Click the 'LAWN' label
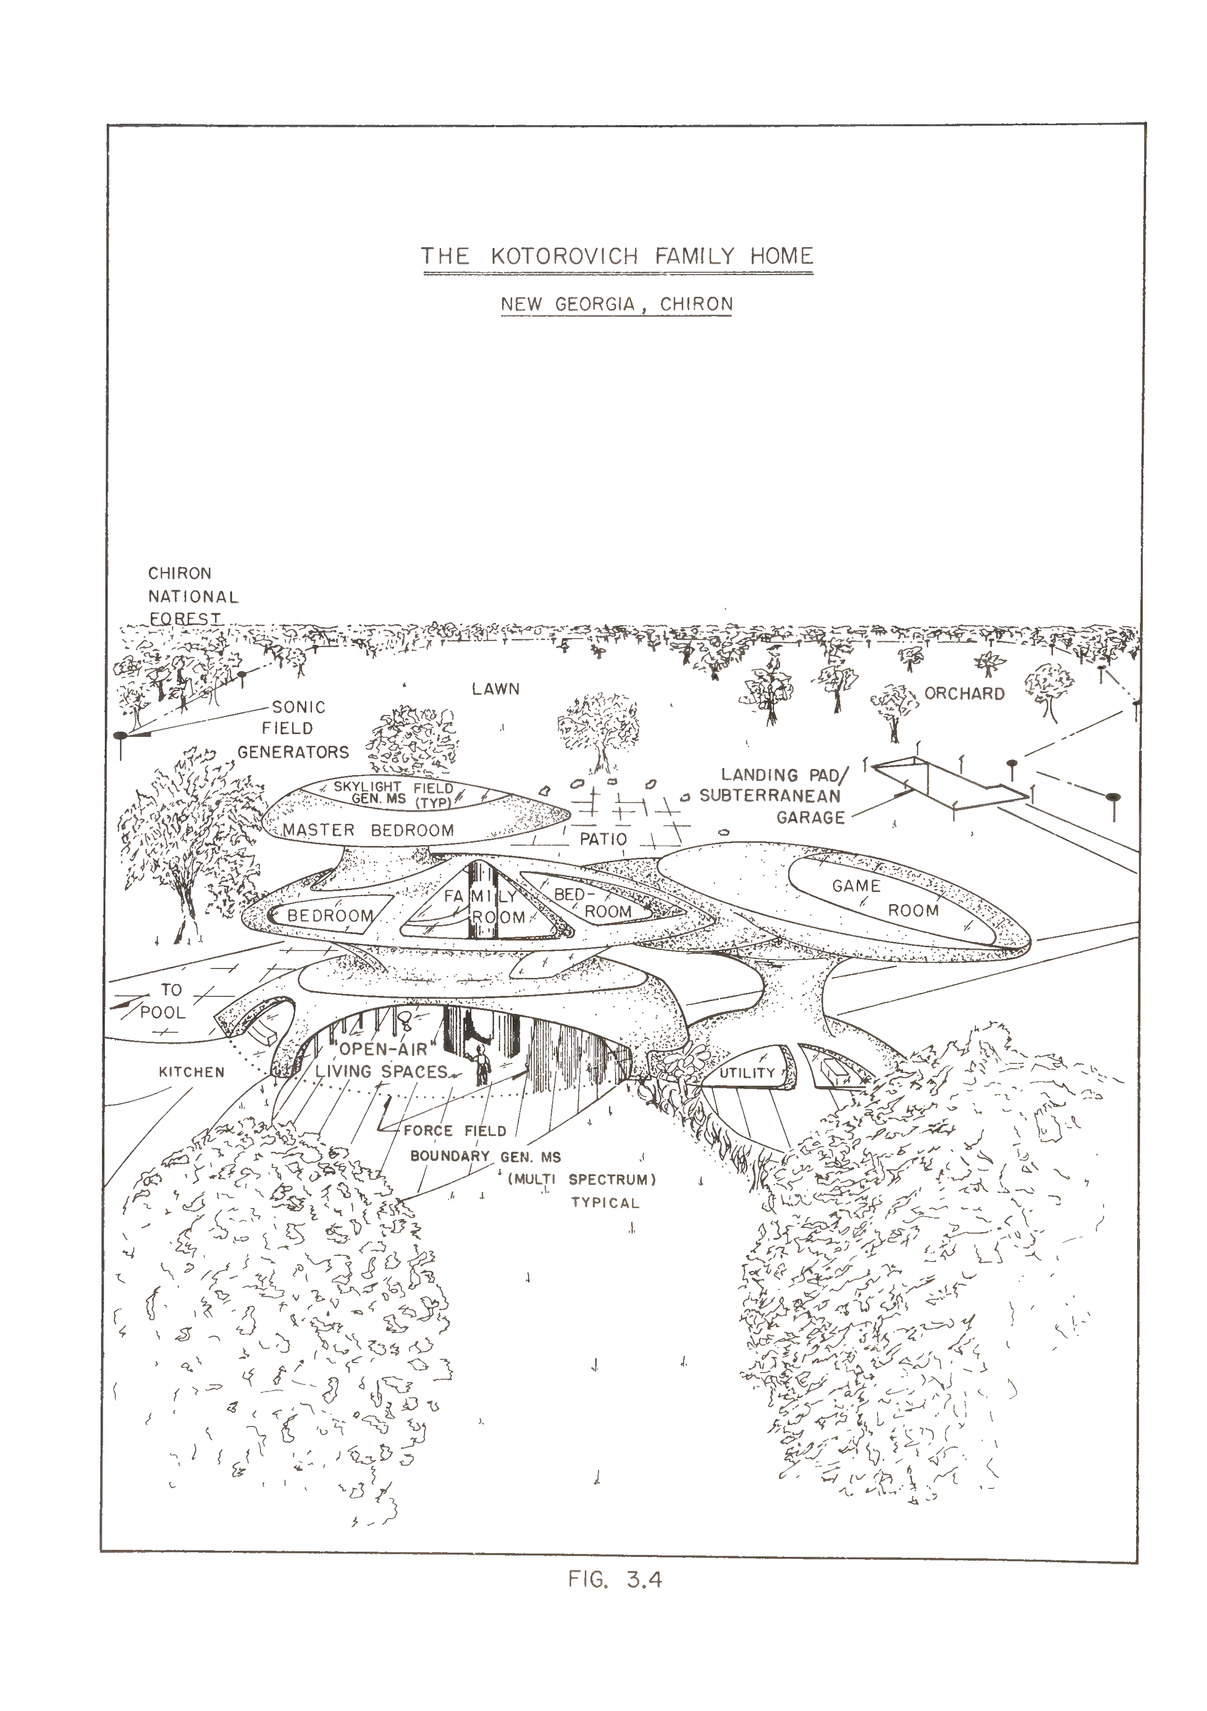click(496, 689)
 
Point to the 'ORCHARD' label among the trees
click(965, 694)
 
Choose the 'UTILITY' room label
click(748, 1073)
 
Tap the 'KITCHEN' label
click(192, 1072)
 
